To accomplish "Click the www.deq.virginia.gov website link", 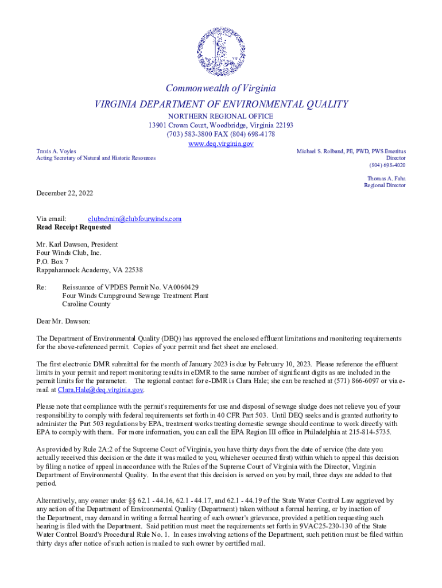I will (221, 144).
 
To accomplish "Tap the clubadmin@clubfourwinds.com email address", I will (134, 219).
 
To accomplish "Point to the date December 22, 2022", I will (64, 194).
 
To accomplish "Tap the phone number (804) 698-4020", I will (387, 165).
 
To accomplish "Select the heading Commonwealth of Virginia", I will (221, 88).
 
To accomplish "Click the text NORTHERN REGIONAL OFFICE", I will (221, 116).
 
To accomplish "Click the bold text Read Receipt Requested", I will (73, 227).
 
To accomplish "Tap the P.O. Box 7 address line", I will (53, 261).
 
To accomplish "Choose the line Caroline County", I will (86, 304).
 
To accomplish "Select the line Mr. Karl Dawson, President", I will (77, 244).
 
